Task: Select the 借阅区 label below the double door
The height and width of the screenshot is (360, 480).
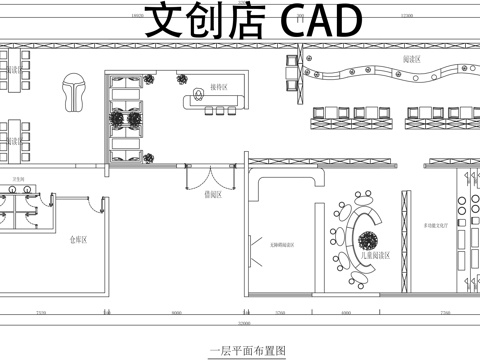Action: coord(212,196)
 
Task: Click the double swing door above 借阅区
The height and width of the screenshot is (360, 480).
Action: coord(210,177)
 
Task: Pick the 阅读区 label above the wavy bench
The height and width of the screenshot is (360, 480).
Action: coord(410,61)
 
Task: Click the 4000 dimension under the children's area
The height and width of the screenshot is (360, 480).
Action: coord(346,314)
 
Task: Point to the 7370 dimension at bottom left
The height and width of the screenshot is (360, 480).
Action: coord(40,314)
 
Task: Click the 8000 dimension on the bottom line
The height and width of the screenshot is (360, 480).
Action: coord(176,314)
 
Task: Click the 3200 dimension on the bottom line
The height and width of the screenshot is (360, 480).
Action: coord(279,314)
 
